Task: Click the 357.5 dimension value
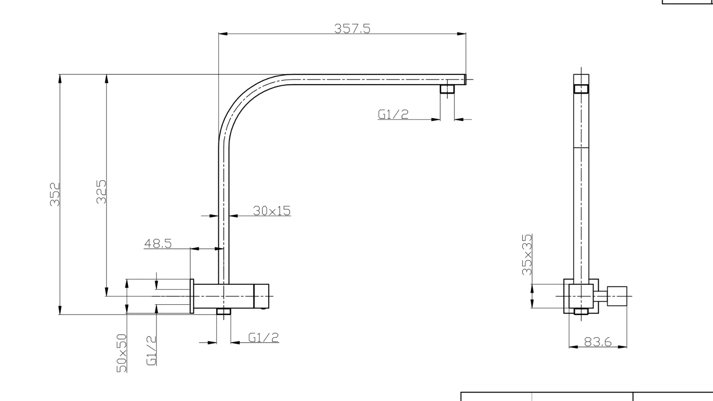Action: coord(352,29)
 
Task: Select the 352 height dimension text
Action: coord(55,194)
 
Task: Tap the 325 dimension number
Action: coord(101,192)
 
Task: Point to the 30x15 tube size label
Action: coord(272,211)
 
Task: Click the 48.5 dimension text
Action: coord(158,243)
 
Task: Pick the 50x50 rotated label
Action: coord(122,353)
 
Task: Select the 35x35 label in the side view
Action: coord(527,254)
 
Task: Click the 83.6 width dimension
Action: coord(598,342)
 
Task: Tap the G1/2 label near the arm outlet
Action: coord(393,114)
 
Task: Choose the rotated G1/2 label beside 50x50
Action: coord(152,350)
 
